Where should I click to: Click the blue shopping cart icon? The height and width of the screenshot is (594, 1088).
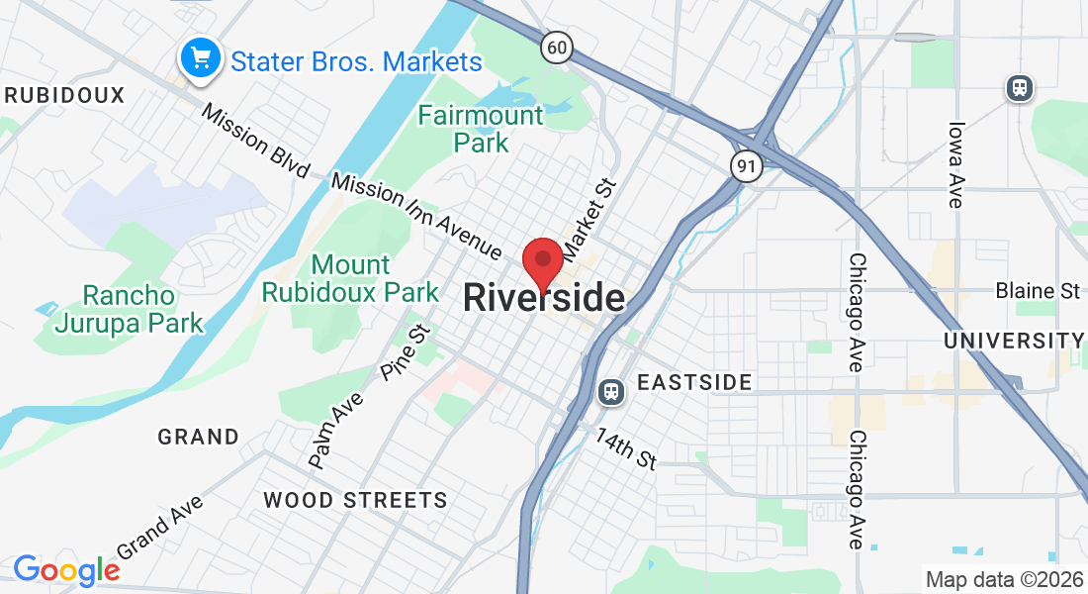click(x=201, y=58)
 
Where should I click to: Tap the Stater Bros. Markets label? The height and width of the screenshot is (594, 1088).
click(x=356, y=61)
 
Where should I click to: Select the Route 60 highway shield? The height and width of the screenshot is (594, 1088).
click(x=558, y=47)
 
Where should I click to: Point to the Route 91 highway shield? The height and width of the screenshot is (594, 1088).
click(x=747, y=166)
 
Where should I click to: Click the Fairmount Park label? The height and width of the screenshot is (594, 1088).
click(x=481, y=129)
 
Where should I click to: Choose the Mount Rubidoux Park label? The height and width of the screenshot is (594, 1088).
click(x=350, y=279)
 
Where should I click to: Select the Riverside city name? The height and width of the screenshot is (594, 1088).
click(x=544, y=298)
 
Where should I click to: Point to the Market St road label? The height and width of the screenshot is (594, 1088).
click(x=589, y=214)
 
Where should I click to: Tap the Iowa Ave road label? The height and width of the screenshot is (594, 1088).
click(x=955, y=164)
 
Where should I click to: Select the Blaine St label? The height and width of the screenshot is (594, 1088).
click(x=1038, y=291)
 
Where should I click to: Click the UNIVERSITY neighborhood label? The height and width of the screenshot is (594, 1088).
click(x=1014, y=341)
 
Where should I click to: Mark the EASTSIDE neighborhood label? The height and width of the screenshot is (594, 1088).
click(x=694, y=382)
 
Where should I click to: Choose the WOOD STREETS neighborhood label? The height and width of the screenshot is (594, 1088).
click(x=355, y=500)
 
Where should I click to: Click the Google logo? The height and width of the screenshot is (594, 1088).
click(x=66, y=569)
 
